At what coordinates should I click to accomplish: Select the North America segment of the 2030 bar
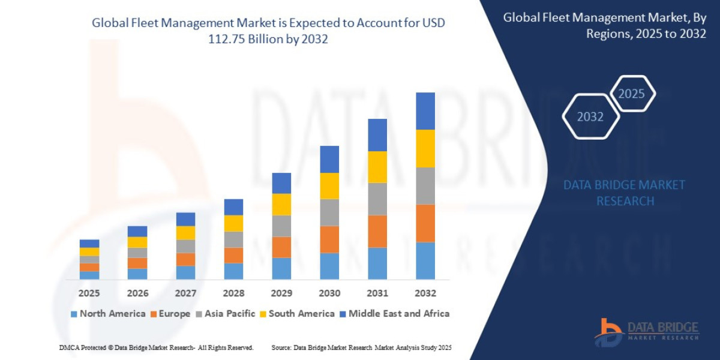coord(329,266)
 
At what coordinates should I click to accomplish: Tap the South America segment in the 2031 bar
coord(377,167)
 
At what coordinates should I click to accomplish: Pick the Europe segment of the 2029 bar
coord(281,247)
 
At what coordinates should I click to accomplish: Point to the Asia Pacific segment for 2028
coord(233,239)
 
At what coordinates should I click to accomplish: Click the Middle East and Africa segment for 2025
coord(89,244)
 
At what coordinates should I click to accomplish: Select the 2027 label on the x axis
coord(185,293)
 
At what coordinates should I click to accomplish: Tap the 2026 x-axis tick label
coord(137,293)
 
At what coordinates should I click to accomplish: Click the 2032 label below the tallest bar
coord(425,293)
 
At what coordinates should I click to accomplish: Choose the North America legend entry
coord(108,313)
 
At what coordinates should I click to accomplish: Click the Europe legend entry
coord(170,313)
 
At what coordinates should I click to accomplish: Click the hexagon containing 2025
coord(632,94)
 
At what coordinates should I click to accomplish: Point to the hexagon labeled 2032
coord(590,117)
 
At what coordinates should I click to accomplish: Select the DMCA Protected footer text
coord(156,347)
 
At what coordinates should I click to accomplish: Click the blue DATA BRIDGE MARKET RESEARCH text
coord(625,193)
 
